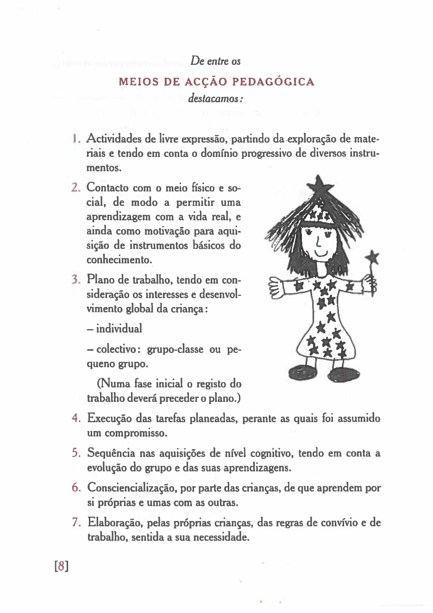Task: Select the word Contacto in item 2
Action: (107, 188)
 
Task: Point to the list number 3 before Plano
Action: (76, 280)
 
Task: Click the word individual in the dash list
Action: (119, 329)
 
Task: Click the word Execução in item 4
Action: (110, 419)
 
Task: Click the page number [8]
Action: (61, 566)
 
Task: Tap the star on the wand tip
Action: (372, 258)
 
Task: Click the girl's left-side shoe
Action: (301, 372)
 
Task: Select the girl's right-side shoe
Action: (344, 374)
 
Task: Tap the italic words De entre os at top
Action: (215, 61)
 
